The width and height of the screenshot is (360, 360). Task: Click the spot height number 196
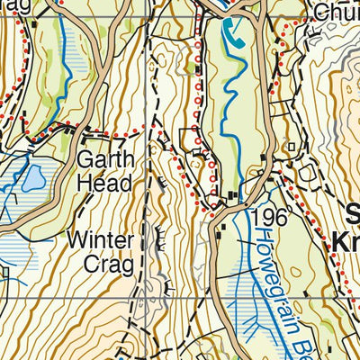[270, 218]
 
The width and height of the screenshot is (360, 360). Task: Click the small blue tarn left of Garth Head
[32, 178]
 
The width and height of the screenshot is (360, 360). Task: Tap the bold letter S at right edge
[353, 215]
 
